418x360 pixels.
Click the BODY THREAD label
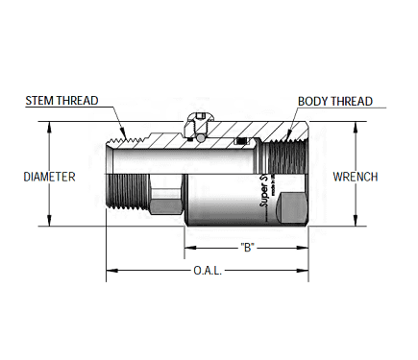click(x=334, y=100)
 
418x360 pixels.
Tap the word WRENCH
click(x=355, y=177)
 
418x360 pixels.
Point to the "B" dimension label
click(x=247, y=246)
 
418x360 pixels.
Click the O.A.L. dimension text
click(x=207, y=272)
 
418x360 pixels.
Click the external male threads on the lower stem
click(x=123, y=196)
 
